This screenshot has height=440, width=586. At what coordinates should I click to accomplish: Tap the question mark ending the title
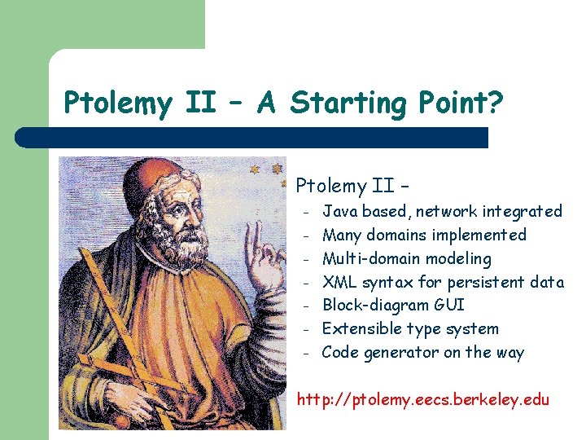tap(496, 103)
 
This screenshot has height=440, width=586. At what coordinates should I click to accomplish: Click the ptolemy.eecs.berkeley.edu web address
tap(423, 400)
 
